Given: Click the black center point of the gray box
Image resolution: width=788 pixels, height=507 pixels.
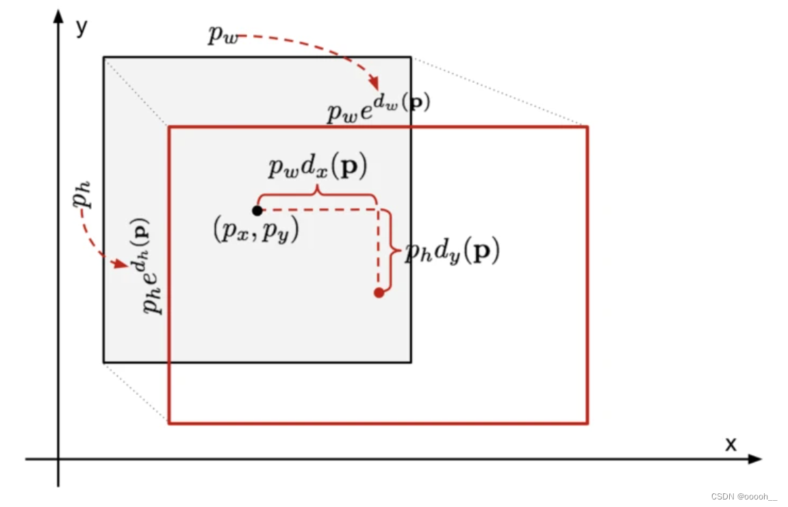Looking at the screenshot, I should tap(257, 211).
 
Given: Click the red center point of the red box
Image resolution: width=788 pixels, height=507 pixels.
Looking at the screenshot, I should tap(379, 293).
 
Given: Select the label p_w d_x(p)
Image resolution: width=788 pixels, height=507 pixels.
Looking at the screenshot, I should tap(317, 167).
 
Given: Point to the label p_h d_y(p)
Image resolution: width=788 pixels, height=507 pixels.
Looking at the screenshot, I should tap(452, 253).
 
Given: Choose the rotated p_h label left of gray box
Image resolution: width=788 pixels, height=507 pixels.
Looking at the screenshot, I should tap(83, 198).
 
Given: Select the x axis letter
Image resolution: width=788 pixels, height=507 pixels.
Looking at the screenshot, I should tap(731, 445).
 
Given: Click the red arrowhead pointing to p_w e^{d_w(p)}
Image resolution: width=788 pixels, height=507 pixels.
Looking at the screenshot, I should tap(374, 85).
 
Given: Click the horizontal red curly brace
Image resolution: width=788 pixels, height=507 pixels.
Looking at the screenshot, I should tap(317, 196).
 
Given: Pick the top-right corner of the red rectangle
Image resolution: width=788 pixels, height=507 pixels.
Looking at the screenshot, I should tap(587, 127).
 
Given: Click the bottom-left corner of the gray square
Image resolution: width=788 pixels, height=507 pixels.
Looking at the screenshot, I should tap(104, 361).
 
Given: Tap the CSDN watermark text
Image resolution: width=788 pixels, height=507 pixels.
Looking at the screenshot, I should tap(743, 497).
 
